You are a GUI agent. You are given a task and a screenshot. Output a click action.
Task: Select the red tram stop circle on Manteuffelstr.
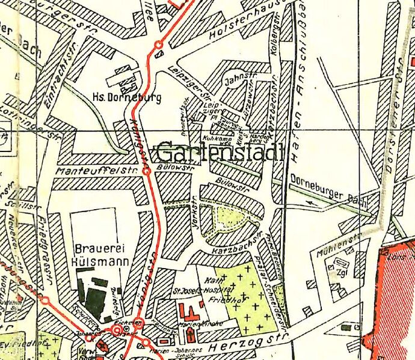[146, 172]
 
